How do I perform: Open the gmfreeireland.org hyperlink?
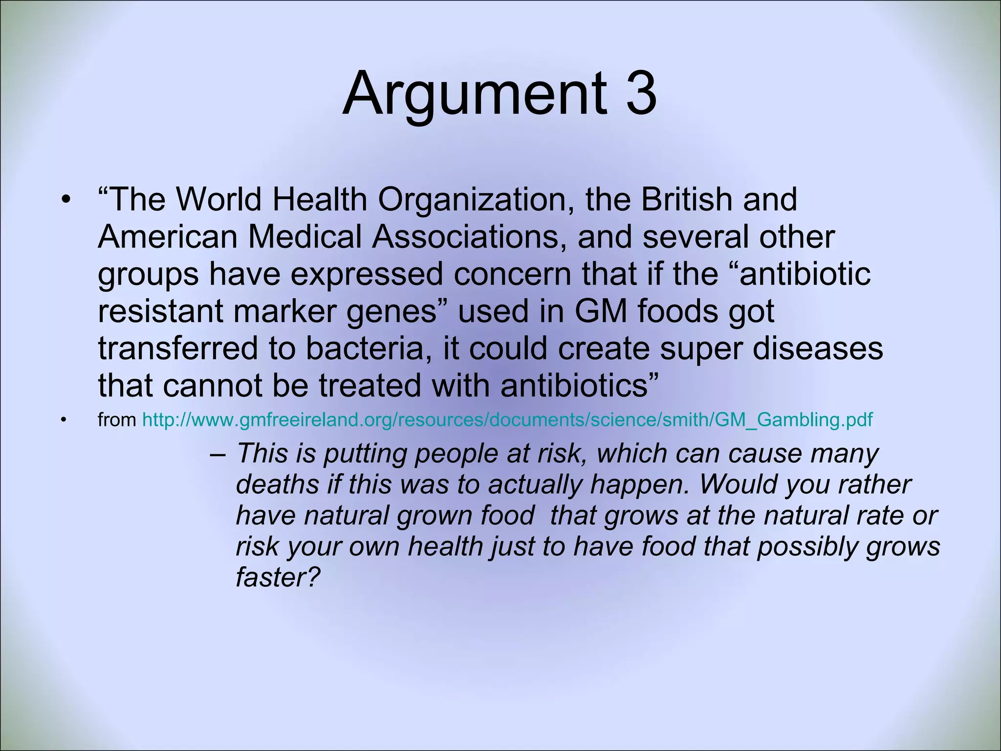[507, 420]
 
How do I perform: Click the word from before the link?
[117, 420]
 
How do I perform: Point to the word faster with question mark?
[277, 577]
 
